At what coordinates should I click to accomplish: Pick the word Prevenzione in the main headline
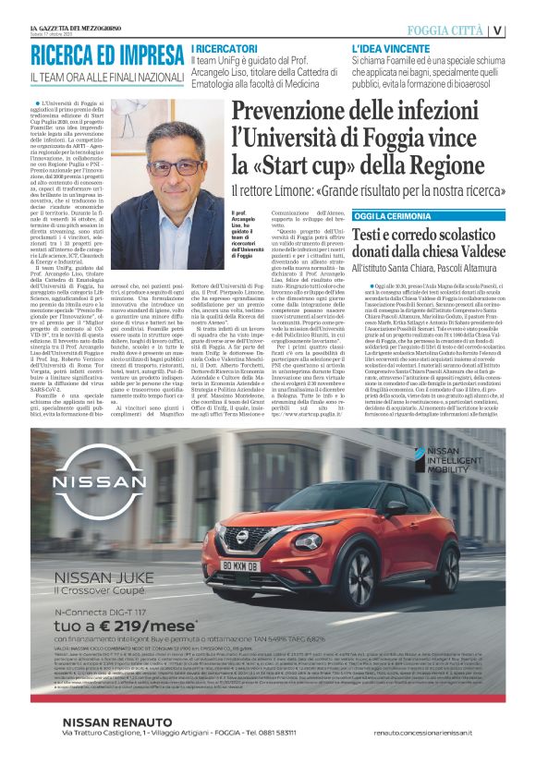pos(301,111)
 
